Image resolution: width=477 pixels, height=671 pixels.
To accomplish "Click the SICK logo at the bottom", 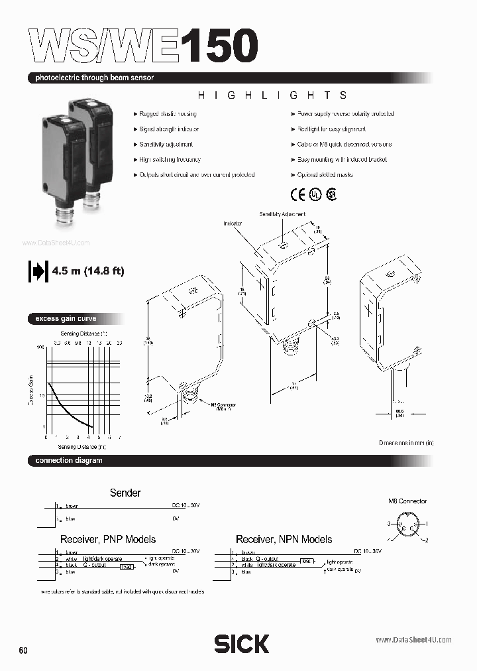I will point(241,643).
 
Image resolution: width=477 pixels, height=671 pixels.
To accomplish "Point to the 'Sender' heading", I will point(125,493).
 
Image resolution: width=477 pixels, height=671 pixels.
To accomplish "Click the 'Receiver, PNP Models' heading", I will point(109,539).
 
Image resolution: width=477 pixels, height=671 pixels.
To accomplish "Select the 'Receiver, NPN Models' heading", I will point(284,539).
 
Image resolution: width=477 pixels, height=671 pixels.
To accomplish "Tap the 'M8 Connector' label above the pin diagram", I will point(407,501).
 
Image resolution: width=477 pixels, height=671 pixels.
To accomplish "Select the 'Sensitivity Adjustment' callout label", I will point(282,215).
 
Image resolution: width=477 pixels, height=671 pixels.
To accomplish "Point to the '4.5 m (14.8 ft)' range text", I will point(87,271).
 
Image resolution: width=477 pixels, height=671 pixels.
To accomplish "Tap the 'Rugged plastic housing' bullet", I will point(170,114).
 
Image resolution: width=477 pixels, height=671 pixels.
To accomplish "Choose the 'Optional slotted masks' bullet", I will point(324,175).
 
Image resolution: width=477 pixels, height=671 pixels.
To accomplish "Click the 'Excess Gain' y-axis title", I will point(30,389).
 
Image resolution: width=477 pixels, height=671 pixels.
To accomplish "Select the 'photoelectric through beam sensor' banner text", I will point(95,78).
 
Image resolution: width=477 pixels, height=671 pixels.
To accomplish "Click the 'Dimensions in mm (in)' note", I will point(406,442).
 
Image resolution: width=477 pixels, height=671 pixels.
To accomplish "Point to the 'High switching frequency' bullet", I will point(170,160).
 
